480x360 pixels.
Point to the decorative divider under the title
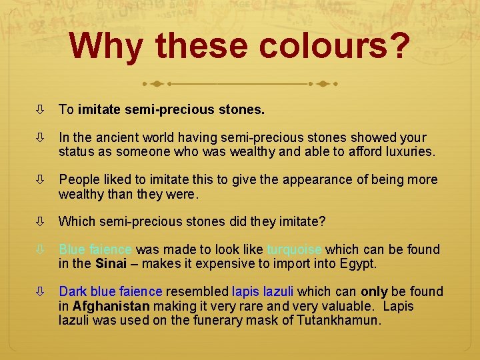(239, 85)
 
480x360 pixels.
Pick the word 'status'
(76, 151)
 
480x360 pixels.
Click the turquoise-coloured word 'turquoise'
(294, 249)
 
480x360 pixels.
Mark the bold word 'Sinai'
(111, 263)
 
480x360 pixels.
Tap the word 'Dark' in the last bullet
(73, 291)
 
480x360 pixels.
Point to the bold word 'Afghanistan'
(111, 306)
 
